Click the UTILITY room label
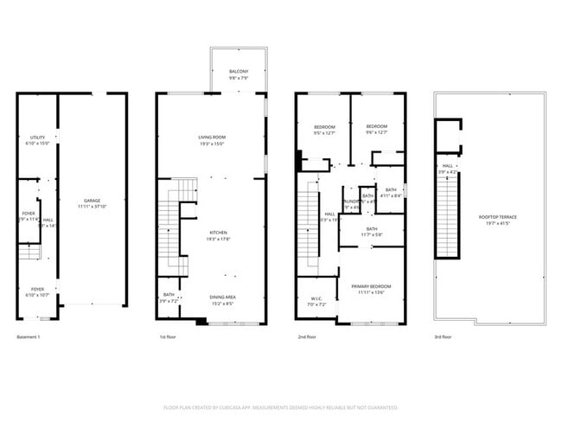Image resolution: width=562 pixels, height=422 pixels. point(37,137)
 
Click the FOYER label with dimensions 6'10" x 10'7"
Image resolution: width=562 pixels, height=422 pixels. point(37,289)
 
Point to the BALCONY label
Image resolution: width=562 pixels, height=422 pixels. point(239,71)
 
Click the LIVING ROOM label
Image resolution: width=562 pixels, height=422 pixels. point(211,137)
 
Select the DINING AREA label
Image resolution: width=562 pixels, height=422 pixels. point(223,297)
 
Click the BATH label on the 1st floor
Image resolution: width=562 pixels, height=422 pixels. point(168,296)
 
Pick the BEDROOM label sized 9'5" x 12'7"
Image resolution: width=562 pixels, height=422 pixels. point(323,127)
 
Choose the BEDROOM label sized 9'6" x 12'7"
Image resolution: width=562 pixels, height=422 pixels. point(376,125)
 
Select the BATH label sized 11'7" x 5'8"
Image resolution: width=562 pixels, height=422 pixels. point(371,228)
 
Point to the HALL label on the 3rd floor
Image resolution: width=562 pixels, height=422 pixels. point(447,166)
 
